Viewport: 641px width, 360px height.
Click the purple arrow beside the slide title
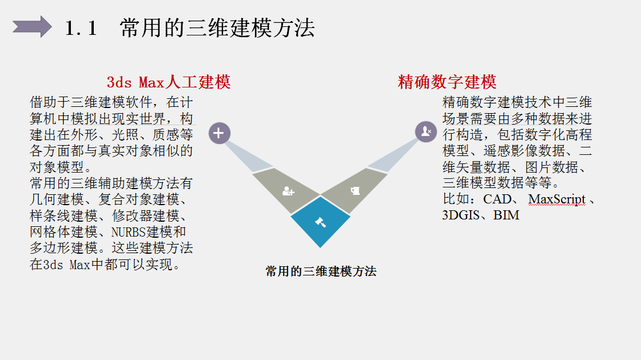pyautogui.click(x=32, y=27)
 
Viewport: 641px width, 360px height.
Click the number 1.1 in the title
pyautogui.click(x=81, y=28)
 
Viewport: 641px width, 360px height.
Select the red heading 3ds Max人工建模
pyautogui.click(x=169, y=82)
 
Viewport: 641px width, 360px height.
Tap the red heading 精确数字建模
pyautogui.click(x=447, y=82)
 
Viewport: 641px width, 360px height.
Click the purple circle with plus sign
pyautogui.click(x=218, y=133)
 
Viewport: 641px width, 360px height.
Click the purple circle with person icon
pyautogui.click(x=425, y=131)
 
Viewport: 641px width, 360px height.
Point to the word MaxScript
pyautogui.click(x=557, y=199)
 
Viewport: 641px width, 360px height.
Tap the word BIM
pyautogui.click(x=507, y=215)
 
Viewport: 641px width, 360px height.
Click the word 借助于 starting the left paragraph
pyautogui.click(x=50, y=103)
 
